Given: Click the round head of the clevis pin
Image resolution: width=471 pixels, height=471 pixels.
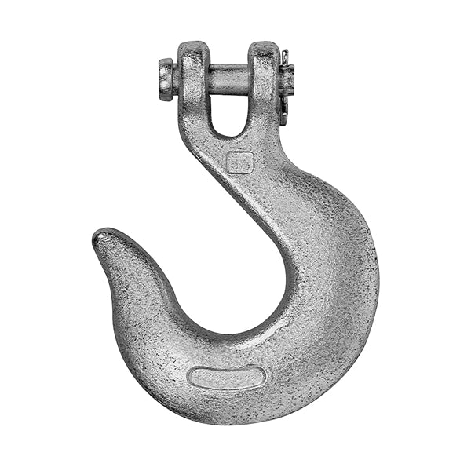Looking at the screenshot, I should point(166,79).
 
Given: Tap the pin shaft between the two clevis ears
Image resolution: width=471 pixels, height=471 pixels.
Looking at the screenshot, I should point(228,79).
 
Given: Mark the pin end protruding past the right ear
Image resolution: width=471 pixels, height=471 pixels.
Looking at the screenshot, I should point(287,78).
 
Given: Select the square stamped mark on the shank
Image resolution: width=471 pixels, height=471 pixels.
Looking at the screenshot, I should point(239,162).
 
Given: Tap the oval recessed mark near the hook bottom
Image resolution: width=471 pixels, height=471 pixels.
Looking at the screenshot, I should point(228,378).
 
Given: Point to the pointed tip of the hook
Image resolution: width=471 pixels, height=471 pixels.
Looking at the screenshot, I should point(100,235).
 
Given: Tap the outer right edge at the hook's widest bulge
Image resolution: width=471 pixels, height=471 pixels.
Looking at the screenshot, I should point(378,283).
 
